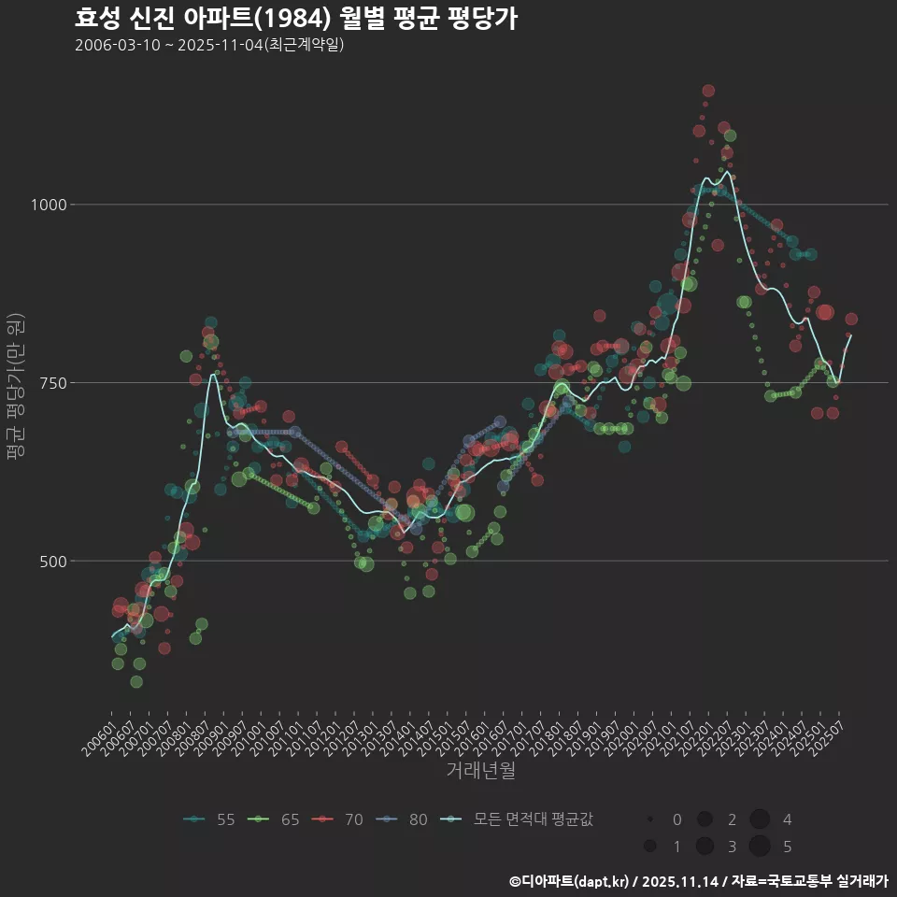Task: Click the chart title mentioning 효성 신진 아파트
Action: pos(295,19)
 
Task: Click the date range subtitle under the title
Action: pos(210,45)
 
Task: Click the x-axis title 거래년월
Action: pos(481,771)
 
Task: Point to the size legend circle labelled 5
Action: pos(759,847)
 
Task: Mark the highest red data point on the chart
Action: pos(708,91)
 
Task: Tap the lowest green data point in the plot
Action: pos(136,681)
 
